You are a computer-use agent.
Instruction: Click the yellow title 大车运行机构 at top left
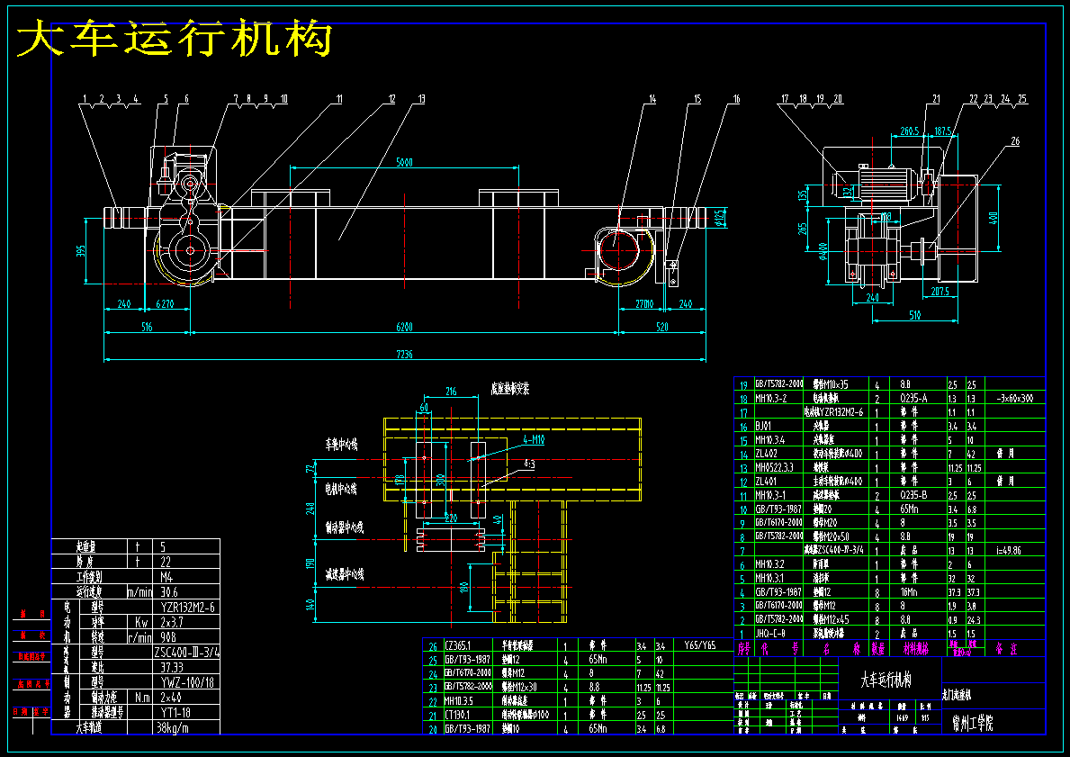(175, 41)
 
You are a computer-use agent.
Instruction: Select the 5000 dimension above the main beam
(404, 163)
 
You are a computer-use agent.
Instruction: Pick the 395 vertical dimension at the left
(80, 249)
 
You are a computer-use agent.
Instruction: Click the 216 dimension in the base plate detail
(452, 392)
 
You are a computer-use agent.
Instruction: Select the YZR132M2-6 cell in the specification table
(187, 607)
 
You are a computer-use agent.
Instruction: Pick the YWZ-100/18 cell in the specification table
(187, 681)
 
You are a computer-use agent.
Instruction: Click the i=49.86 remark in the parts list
(1009, 549)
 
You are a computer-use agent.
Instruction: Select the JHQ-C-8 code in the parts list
(774, 633)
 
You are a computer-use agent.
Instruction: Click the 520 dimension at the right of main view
(661, 327)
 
